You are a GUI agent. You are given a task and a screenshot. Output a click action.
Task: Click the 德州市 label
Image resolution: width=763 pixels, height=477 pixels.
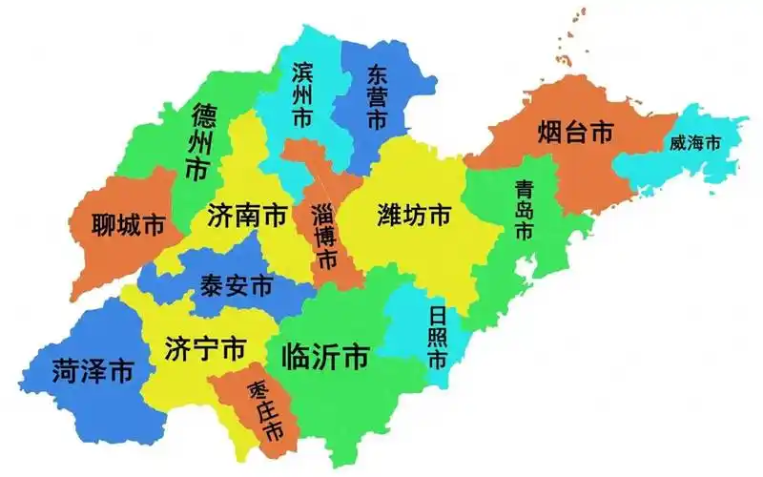[202, 144]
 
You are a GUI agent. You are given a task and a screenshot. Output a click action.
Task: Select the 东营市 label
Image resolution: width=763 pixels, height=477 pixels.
[375, 97]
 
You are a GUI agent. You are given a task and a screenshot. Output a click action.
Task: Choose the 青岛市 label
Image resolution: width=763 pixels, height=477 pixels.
[523, 210]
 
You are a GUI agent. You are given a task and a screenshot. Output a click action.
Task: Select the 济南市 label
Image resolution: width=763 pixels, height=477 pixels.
[247, 216]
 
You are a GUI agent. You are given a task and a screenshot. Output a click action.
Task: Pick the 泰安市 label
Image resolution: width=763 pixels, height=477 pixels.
[236, 285]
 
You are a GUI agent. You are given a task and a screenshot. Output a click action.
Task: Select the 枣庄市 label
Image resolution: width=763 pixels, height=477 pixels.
[265, 410]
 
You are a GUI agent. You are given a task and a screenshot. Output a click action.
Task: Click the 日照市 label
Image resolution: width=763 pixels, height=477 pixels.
[437, 338]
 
